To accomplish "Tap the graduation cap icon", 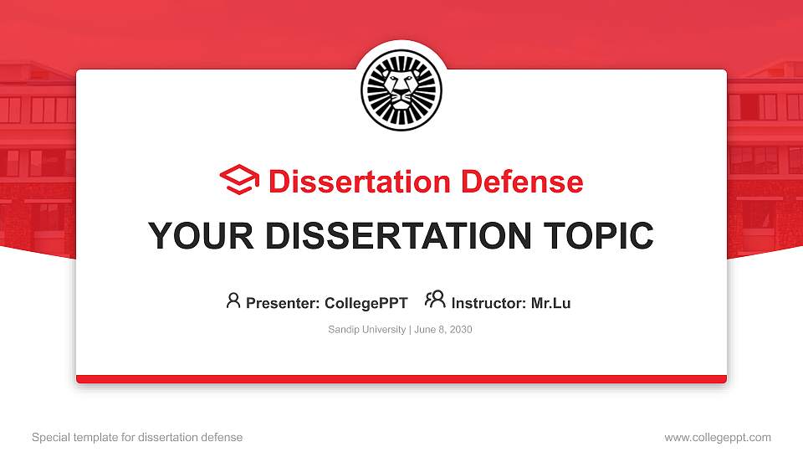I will click(x=239, y=180).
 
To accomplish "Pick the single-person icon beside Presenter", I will click(x=233, y=300).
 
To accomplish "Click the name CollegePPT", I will click(x=366, y=303).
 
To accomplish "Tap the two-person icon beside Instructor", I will click(x=435, y=300).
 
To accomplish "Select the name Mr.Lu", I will click(x=551, y=303).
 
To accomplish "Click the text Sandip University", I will click(x=366, y=330).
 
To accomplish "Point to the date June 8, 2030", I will click(x=443, y=330).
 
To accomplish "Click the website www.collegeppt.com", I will click(x=718, y=437).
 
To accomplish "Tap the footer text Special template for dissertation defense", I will click(x=137, y=437).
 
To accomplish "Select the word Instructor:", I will click(x=489, y=303).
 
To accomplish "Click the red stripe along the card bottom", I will click(x=401, y=379).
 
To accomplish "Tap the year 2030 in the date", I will click(x=460, y=330).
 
